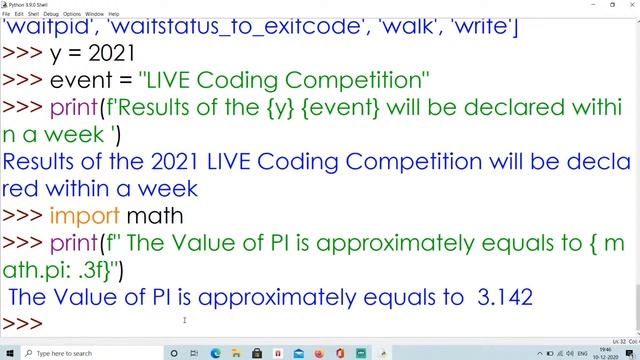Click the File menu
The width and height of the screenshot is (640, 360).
[x=7, y=14]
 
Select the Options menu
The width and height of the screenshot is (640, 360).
[x=72, y=14]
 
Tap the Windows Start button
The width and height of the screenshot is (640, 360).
[x=10, y=353]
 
